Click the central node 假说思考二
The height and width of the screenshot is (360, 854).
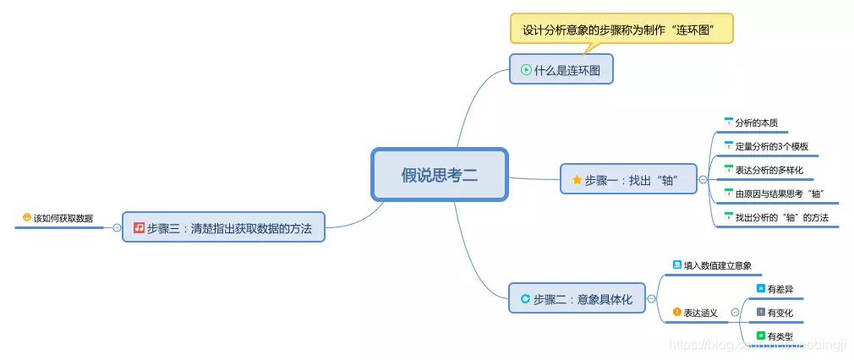pyautogui.click(x=439, y=175)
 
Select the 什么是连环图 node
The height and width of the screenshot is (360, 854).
pyautogui.click(x=561, y=69)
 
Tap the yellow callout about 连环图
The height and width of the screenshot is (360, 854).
pyautogui.click(x=621, y=30)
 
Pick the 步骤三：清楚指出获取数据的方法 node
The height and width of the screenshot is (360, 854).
pyautogui.click(x=223, y=227)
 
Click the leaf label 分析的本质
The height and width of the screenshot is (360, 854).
pyautogui.click(x=756, y=123)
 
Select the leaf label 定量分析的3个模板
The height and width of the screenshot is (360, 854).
pyautogui.click(x=771, y=146)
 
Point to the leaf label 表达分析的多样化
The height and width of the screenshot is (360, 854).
pyautogui.click(x=769, y=170)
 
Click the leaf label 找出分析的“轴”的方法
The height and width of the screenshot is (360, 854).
pyautogui.click(x=781, y=218)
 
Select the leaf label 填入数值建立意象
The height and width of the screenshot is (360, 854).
pyautogui.click(x=716, y=265)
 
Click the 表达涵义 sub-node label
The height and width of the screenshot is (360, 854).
pyautogui.click(x=700, y=313)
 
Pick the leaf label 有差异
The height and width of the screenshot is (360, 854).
pyautogui.click(x=780, y=289)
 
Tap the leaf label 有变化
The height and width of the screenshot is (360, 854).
pyautogui.click(x=780, y=313)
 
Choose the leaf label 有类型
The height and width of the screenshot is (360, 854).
pyautogui.click(x=780, y=336)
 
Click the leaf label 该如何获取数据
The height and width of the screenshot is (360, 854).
pyautogui.click(x=63, y=218)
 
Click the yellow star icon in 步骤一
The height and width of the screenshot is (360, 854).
pyautogui.click(x=577, y=179)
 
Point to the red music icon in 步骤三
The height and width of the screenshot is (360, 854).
pyautogui.click(x=139, y=227)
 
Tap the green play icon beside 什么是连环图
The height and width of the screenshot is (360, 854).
pyautogui.click(x=526, y=70)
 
